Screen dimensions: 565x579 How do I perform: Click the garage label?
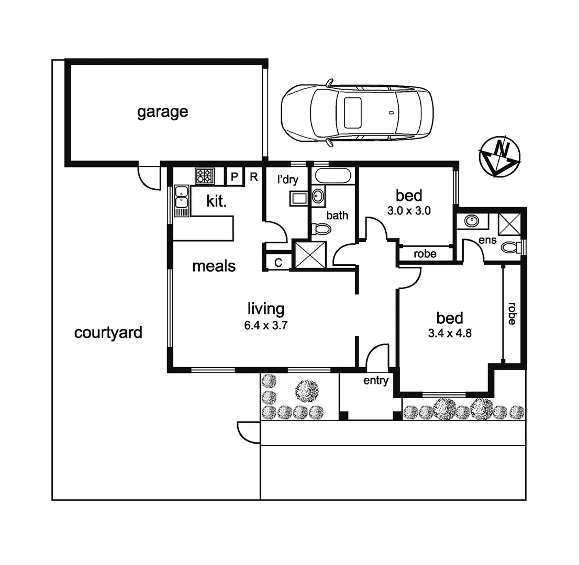coord(162,112)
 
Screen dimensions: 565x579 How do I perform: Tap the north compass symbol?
coord(499,155)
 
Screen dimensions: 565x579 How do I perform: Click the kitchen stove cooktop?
coord(205,176)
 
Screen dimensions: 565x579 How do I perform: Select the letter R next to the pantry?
coord(253,177)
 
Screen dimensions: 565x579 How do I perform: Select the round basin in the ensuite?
coord(472,220)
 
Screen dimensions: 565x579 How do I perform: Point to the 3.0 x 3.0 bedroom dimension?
coord(409,211)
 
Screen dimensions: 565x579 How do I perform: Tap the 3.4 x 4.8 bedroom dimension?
coord(450,333)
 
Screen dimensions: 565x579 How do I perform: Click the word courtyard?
coord(108,333)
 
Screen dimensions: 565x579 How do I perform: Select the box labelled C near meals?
coord(278,263)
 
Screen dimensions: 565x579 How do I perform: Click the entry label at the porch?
coord(375,381)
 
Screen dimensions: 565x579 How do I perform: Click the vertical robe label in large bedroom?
coord(511,313)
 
